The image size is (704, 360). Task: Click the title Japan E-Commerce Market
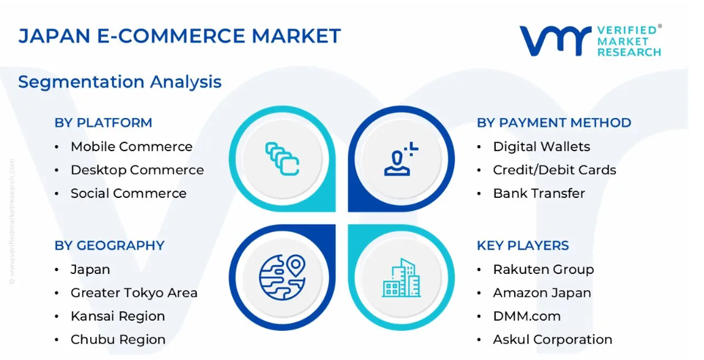(x=180, y=36)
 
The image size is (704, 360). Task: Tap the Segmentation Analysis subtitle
(x=120, y=82)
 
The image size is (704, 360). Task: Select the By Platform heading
(x=103, y=123)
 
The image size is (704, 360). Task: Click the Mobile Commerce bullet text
(x=132, y=146)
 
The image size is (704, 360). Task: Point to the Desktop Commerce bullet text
(x=138, y=170)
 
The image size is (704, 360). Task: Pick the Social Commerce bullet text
(x=128, y=193)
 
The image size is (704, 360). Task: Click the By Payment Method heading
(x=554, y=123)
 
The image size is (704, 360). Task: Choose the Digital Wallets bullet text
(x=541, y=146)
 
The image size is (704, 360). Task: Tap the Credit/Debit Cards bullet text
(x=555, y=170)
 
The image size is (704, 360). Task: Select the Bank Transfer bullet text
(x=539, y=193)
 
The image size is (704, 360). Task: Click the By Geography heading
(x=110, y=245)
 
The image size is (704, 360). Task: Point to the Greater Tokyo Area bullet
(x=134, y=293)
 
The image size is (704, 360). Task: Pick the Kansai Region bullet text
(x=117, y=317)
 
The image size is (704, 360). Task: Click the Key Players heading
(x=523, y=245)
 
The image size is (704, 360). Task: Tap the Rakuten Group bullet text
(x=543, y=269)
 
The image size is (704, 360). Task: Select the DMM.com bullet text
(x=527, y=317)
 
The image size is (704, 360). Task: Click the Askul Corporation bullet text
(x=553, y=340)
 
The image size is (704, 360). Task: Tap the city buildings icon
(x=402, y=278)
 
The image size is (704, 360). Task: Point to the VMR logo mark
(x=555, y=41)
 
